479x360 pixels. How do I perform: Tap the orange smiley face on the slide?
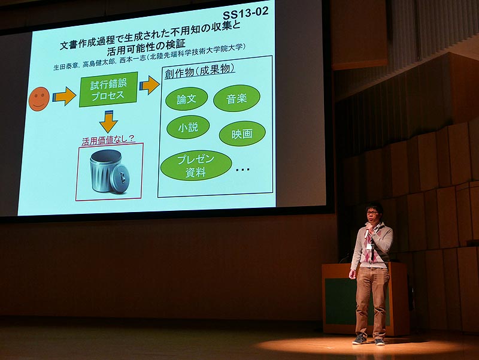pyautogui.click(x=39, y=99)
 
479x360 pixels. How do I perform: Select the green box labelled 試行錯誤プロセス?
pyautogui.click(x=108, y=89)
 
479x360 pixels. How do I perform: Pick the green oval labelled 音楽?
pyautogui.click(x=237, y=98)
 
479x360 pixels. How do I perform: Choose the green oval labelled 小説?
pyautogui.click(x=188, y=127)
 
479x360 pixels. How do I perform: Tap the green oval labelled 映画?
pyautogui.click(x=242, y=134)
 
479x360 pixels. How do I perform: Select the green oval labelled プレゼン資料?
pyautogui.click(x=196, y=165)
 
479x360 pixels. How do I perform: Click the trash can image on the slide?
pyautogui.click(x=110, y=172)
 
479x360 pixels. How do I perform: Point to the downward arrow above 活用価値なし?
pyautogui.click(x=108, y=122)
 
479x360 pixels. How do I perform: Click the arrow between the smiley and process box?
pyautogui.click(x=64, y=96)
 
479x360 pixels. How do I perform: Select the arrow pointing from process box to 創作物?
pyautogui.click(x=149, y=85)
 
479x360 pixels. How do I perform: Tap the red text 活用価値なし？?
pyautogui.click(x=108, y=140)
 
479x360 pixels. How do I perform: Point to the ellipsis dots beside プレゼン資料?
pyautogui.click(x=243, y=170)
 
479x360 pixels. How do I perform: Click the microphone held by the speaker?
pyautogui.click(x=367, y=232)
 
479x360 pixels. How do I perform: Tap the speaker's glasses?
pyautogui.click(x=372, y=213)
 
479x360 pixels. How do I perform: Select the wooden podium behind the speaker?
pyautogui.click(x=365, y=298)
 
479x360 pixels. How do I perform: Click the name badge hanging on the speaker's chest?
pyautogui.click(x=371, y=246)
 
